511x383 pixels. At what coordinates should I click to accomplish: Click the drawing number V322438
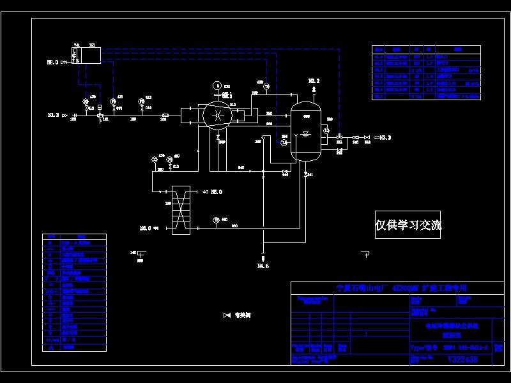tap(462, 360)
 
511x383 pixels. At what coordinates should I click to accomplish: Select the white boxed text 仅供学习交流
tap(408, 225)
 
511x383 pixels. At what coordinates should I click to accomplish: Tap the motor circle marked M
tap(218, 86)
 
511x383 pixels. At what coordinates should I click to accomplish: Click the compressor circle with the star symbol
tap(218, 116)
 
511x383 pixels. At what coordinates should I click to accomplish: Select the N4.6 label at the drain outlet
tap(263, 265)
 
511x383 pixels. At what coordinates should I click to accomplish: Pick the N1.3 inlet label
tap(54, 116)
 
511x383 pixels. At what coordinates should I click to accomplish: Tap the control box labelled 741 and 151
tap(86, 54)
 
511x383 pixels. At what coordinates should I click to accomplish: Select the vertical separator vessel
tap(305, 130)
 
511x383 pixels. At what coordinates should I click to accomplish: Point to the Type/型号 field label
tap(422, 349)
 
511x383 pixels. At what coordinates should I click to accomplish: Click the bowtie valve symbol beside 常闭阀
tap(227, 315)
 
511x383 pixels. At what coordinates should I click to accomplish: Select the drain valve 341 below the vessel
tap(306, 173)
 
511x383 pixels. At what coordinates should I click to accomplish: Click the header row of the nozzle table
tap(426, 49)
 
